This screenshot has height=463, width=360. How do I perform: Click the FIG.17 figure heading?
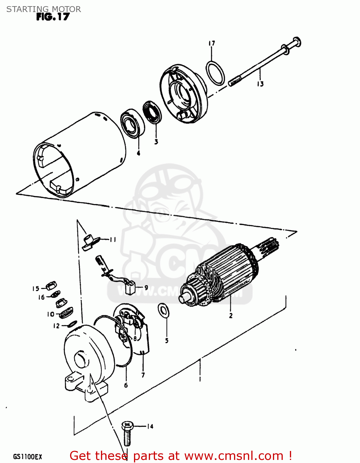(x=53, y=17)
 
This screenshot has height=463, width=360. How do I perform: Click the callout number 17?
(x=211, y=44)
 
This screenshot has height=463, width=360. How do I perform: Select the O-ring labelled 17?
(x=216, y=73)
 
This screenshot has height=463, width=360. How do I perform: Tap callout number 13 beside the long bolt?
(x=260, y=84)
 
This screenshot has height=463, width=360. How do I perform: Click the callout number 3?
(x=156, y=142)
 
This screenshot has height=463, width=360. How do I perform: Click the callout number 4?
(x=138, y=153)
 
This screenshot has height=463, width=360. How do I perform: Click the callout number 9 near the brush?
(x=146, y=287)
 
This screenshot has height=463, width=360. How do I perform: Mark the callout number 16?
(x=41, y=297)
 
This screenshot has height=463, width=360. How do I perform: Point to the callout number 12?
(x=56, y=326)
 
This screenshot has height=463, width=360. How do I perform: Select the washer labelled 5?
(x=163, y=310)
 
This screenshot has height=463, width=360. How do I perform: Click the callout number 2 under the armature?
(x=231, y=315)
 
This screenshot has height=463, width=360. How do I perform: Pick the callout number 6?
(x=126, y=385)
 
